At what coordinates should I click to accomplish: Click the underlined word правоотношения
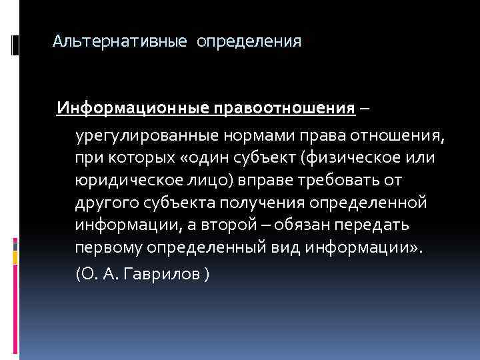284,108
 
